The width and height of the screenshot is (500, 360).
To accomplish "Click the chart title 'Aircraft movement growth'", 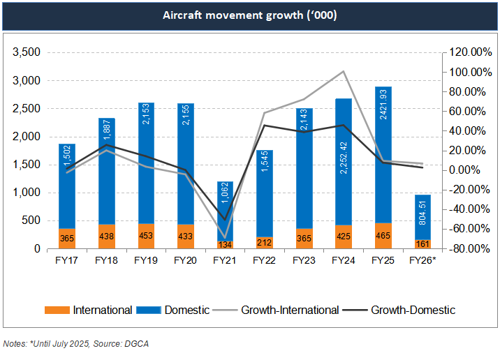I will click(x=249, y=15).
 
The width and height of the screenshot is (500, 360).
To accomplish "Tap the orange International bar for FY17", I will click(x=67, y=238).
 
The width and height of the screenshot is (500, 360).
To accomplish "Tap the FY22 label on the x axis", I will click(x=265, y=260).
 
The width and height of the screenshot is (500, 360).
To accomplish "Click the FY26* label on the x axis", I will click(x=424, y=260).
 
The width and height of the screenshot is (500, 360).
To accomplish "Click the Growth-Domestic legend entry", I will click(x=413, y=310).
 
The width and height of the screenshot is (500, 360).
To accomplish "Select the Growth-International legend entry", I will click(x=290, y=310).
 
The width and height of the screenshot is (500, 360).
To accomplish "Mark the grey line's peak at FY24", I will click(x=344, y=71).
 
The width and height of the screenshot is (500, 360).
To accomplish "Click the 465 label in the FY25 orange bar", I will click(x=383, y=236).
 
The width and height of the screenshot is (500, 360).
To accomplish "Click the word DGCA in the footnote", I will click(x=138, y=343).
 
